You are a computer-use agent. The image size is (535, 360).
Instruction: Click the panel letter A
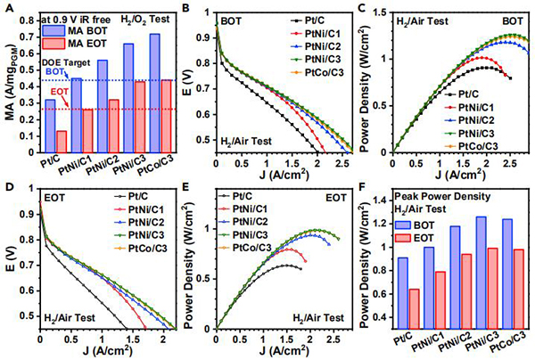pos(9,9)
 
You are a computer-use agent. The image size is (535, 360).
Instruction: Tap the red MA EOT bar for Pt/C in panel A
pos(62,143)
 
